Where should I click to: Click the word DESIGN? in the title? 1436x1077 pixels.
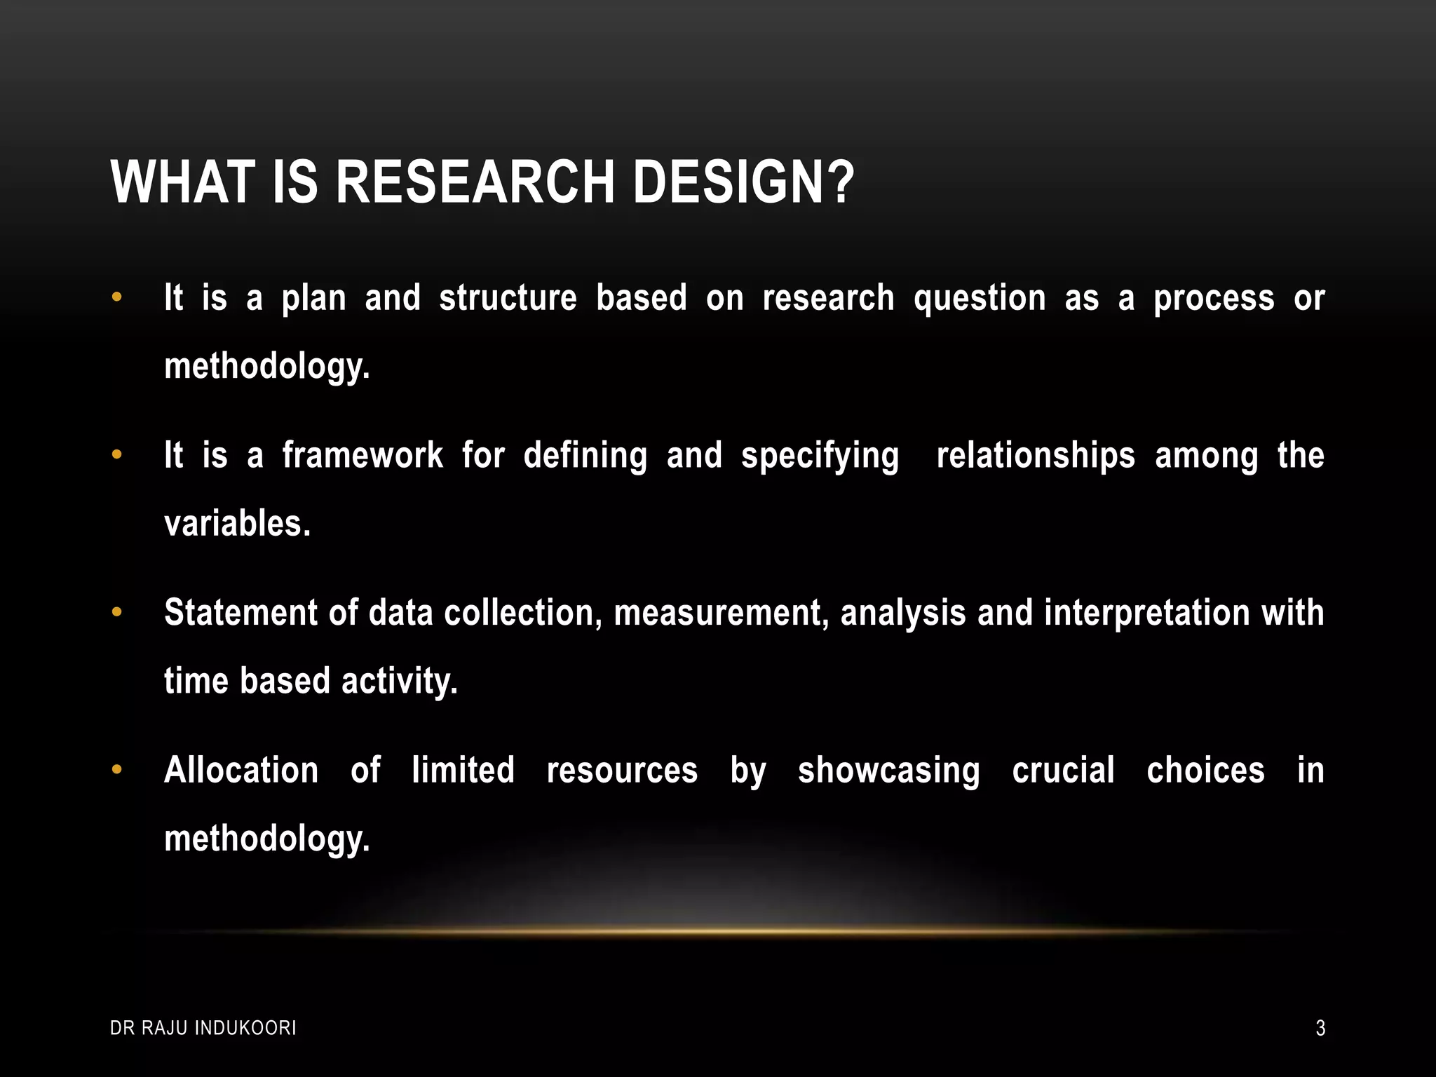(743, 182)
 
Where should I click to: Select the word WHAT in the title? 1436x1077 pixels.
(183, 182)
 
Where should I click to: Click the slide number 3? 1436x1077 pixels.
(1320, 1028)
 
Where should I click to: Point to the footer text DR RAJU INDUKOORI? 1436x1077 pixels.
(203, 1028)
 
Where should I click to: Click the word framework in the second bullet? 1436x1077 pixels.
(363, 456)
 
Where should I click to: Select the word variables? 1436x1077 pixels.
(237, 524)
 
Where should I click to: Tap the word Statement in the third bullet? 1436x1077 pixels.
(241, 612)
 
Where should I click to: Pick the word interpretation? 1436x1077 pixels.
(1146, 612)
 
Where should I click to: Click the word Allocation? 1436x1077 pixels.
(241, 770)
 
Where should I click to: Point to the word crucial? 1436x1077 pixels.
(1063, 770)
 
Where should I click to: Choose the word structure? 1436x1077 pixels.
(508, 298)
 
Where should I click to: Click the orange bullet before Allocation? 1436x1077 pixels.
(117, 770)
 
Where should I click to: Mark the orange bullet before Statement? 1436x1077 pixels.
(117, 612)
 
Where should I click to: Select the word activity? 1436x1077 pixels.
(399, 682)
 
